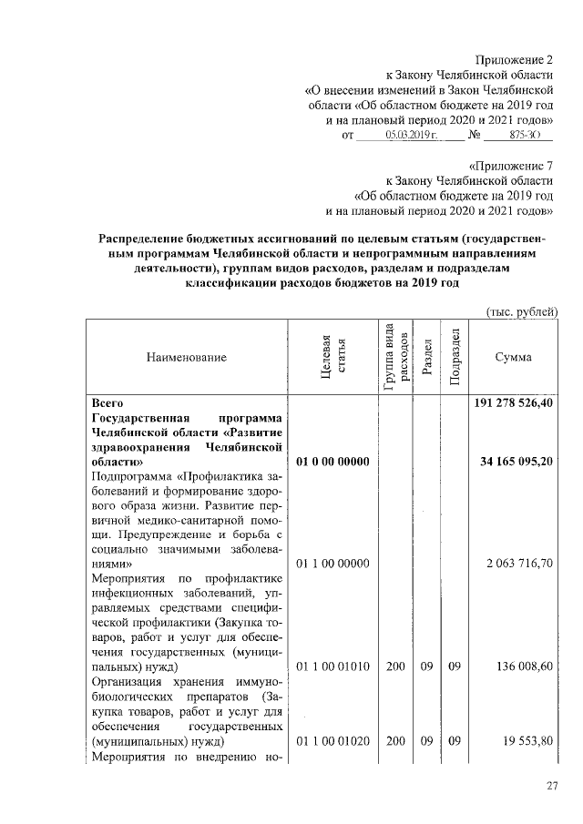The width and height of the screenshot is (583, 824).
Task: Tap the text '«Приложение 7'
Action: [x=510, y=166]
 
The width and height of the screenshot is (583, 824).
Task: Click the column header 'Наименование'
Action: [x=186, y=358]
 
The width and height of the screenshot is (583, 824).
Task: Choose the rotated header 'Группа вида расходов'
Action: [x=394, y=357]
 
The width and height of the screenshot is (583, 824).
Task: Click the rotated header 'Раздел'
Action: [x=425, y=357]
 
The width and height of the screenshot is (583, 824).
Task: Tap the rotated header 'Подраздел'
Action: [x=454, y=358]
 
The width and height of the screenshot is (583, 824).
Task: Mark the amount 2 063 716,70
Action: [x=521, y=564]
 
